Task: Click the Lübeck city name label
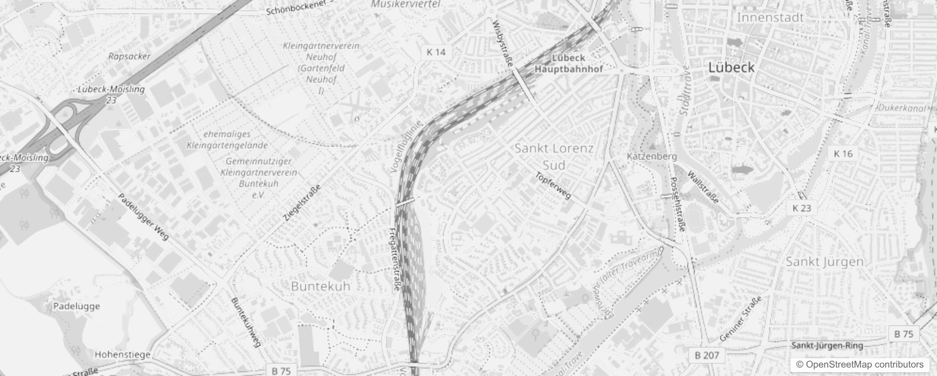tap(731, 67)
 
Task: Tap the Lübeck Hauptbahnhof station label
tap(568, 63)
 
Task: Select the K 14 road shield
tap(436, 52)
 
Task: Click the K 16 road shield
tap(843, 154)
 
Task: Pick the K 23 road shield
tap(802, 208)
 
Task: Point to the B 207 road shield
tap(707, 355)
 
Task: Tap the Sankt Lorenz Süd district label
tap(554, 157)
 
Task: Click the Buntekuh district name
tap(321, 286)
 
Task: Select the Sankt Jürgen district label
tap(825, 262)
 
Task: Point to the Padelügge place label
tap(76, 306)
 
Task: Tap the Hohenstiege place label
tap(123, 354)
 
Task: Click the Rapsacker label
tap(130, 56)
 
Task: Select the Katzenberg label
tap(652, 156)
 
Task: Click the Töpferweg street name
tap(553, 186)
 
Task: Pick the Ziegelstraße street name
tap(303, 203)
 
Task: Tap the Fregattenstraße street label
tap(394, 259)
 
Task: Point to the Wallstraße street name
tap(703, 188)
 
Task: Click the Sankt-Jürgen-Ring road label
tap(827, 346)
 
